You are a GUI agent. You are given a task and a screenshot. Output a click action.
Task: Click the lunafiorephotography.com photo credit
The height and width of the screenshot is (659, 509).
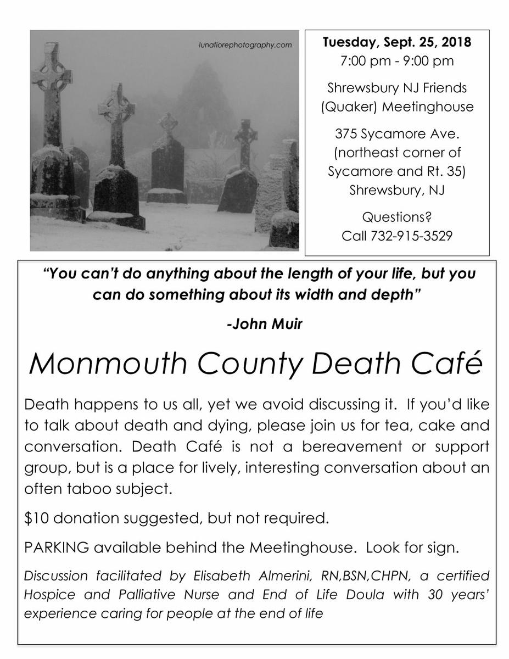point(245,46)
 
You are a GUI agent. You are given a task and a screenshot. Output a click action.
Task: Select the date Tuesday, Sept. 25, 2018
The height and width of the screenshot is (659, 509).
point(397,42)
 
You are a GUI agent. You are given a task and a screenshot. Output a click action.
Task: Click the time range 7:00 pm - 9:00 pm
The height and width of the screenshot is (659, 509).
point(397,61)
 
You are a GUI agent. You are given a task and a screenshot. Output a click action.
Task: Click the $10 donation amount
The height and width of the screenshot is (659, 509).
point(37,518)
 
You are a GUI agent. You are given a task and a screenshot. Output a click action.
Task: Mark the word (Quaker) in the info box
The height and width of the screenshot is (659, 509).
point(348,107)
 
